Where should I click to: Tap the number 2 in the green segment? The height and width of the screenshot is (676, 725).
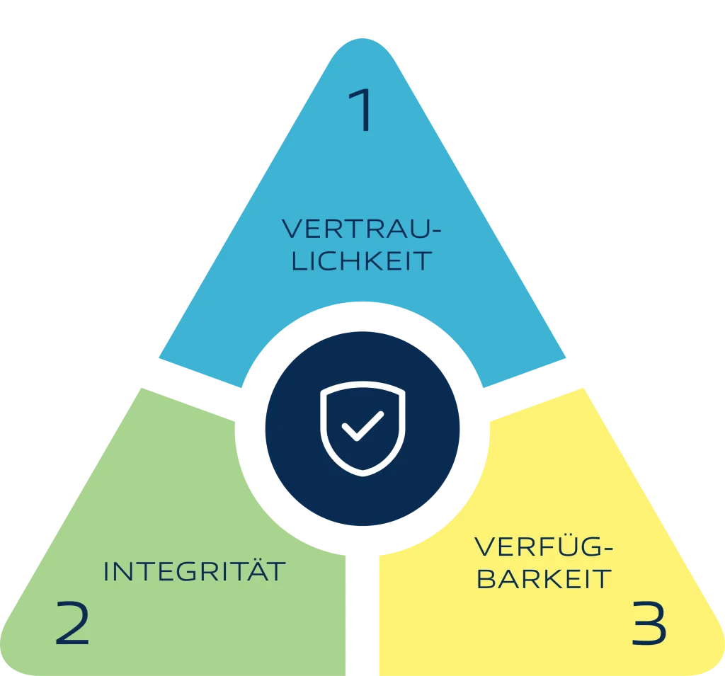72,622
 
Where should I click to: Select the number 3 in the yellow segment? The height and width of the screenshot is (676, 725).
649,622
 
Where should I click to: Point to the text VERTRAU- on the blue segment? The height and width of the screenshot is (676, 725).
362,229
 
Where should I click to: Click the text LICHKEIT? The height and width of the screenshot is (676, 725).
362,261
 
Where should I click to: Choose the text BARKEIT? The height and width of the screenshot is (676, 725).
544,579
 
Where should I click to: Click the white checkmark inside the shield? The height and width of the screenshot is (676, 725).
362,426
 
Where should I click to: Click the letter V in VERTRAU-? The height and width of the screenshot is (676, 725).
292,229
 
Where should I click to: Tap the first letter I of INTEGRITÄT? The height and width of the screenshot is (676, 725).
106,571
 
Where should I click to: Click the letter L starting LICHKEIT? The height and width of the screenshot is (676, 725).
299,261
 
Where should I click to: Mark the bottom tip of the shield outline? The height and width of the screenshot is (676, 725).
363,476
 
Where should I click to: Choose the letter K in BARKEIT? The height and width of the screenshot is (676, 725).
543,579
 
